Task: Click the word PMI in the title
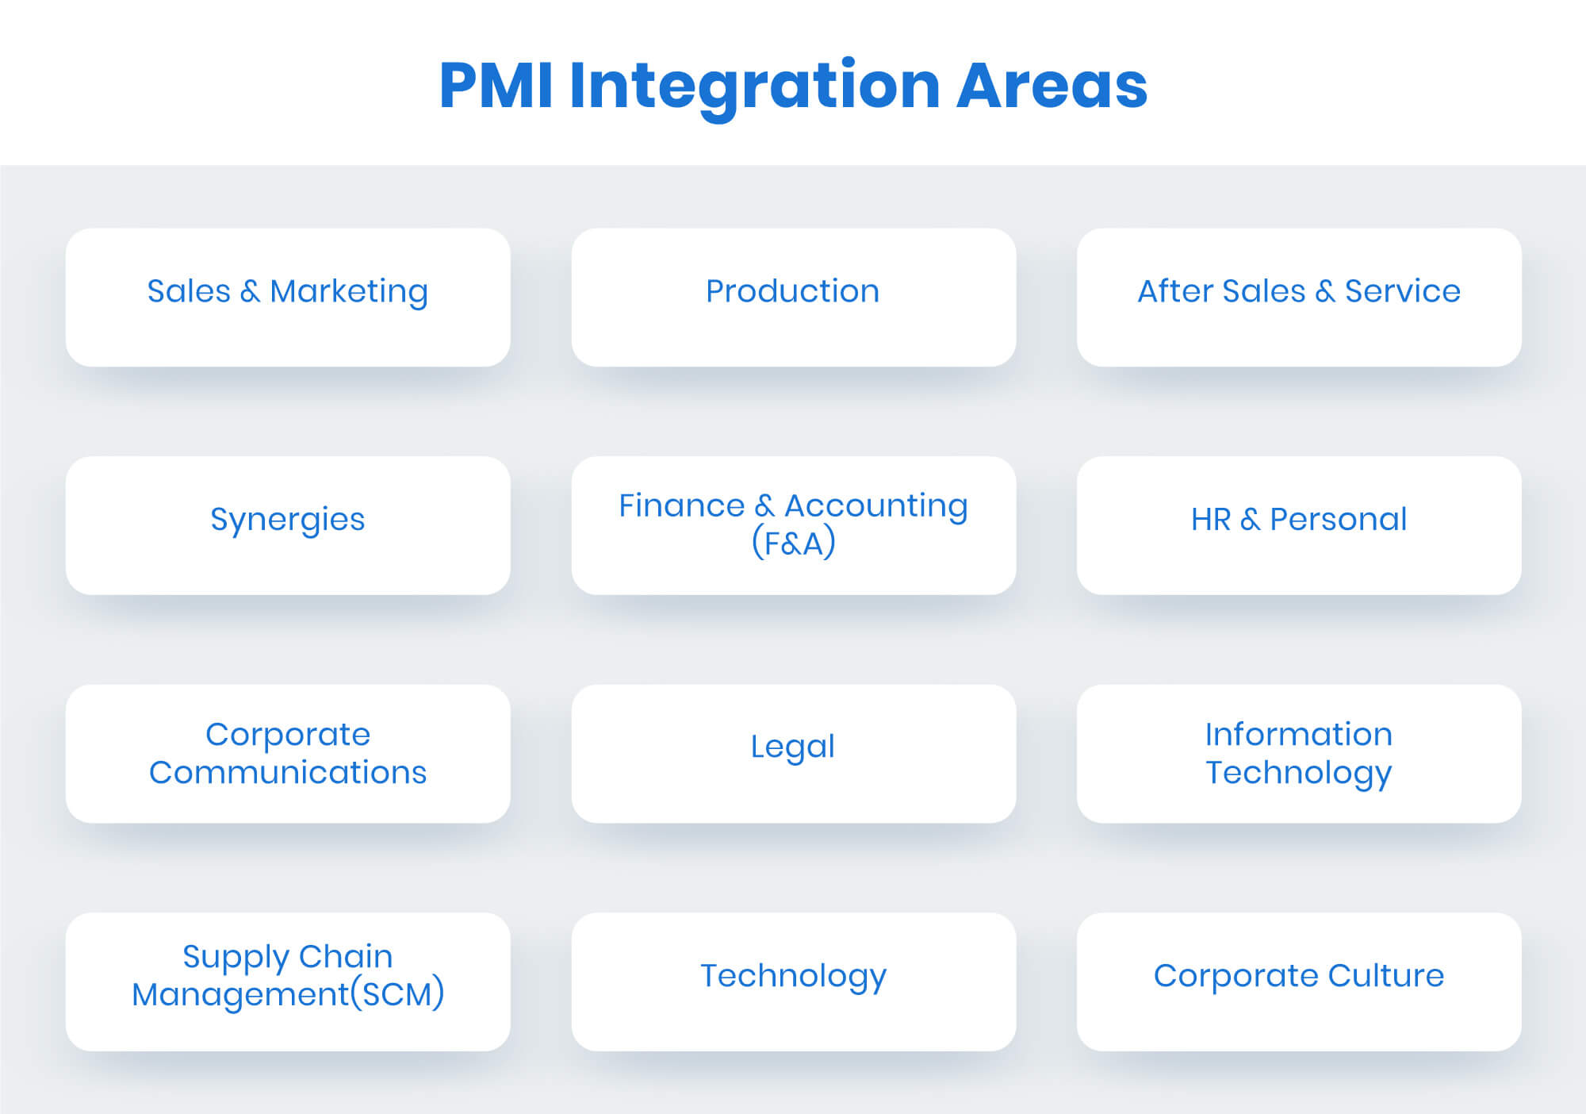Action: (x=496, y=85)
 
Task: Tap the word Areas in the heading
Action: (x=1052, y=85)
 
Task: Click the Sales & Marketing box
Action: (x=288, y=298)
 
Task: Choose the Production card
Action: (x=793, y=298)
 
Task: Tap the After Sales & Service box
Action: (x=1299, y=298)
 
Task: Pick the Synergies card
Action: (x=288, y=525)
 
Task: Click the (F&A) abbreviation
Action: (x=793, y=543)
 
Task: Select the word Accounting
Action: (x=876, y=507)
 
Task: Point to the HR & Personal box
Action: (x=1299, y=525)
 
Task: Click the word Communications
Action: (x=288, y=772)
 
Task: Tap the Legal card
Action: (x=793, y=754)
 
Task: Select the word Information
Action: (x=1299, y=734)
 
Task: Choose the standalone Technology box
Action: (x=793, y=982)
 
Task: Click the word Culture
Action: (x=1386, y=975)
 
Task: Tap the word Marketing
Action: (x=349, y=293)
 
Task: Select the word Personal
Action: (x=1339, y=519)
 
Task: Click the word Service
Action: (x=1403, y=291)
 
